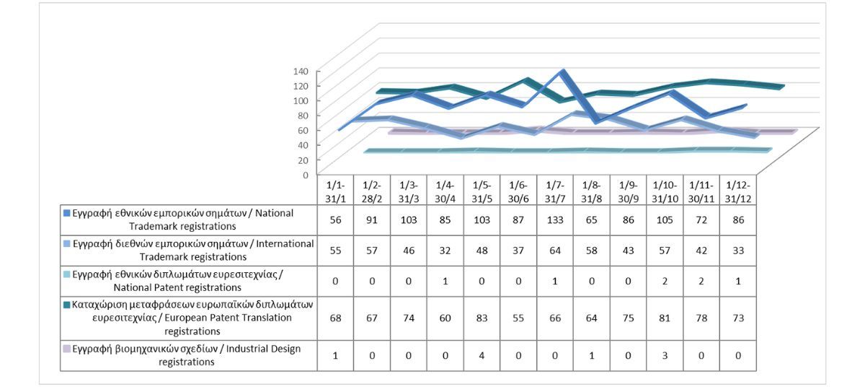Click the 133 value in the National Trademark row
pos(555,220)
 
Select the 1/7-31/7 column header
pos(555,191)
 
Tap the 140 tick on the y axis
pos(301,71)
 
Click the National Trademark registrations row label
pos(189,220)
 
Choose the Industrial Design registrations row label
pos(189,355)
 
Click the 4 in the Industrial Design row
pos(482,355)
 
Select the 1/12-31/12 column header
pos(737,191)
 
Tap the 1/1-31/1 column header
pos(335,191)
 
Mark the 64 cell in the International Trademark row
pos(555,250)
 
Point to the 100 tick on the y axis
pos(301,100)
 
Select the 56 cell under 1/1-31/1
pos(335,220)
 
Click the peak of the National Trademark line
pos(562,71)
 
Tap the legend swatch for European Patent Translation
pos(66,305)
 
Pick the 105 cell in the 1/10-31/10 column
pos(664,220)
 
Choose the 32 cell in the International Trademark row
pos(445,250)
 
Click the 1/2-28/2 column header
pos(372,191)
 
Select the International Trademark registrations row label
pos(189,250)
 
